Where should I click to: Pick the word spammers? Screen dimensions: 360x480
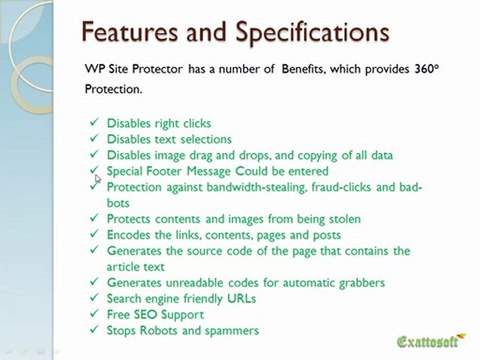point(232,331)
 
